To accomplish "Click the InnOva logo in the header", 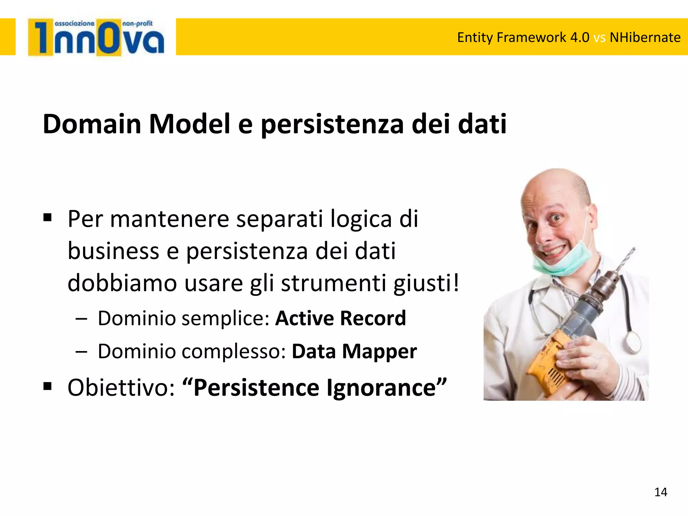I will [96, 37].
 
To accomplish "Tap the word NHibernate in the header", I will [645, 37].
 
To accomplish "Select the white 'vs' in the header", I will [599, 38].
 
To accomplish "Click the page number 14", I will [660, 492].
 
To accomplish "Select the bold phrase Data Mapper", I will [354, 351].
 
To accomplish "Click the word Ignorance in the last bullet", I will [381, 388].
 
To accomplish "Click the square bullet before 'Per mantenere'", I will [47, 218].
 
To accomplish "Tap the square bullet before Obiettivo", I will [47, 386].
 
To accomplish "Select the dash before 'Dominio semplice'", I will [81, 318].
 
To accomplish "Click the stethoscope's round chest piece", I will [634, 341].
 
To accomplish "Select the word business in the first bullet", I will [113, 251].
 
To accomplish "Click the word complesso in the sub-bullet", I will [234, 351].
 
